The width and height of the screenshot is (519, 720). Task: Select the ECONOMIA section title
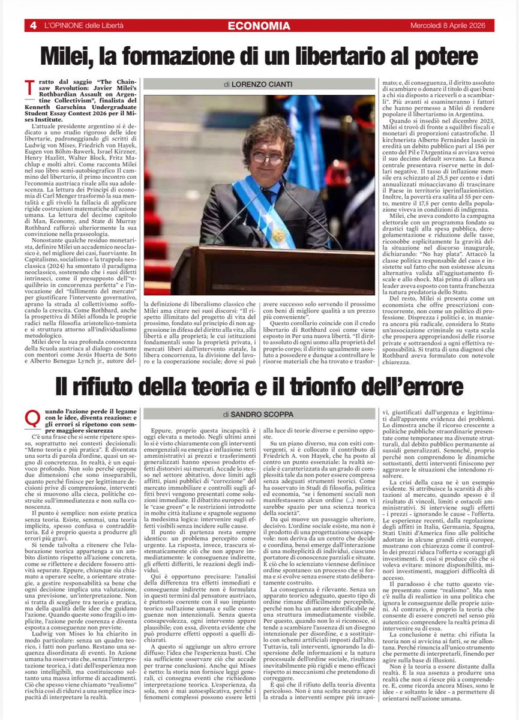tap(259, 26)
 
